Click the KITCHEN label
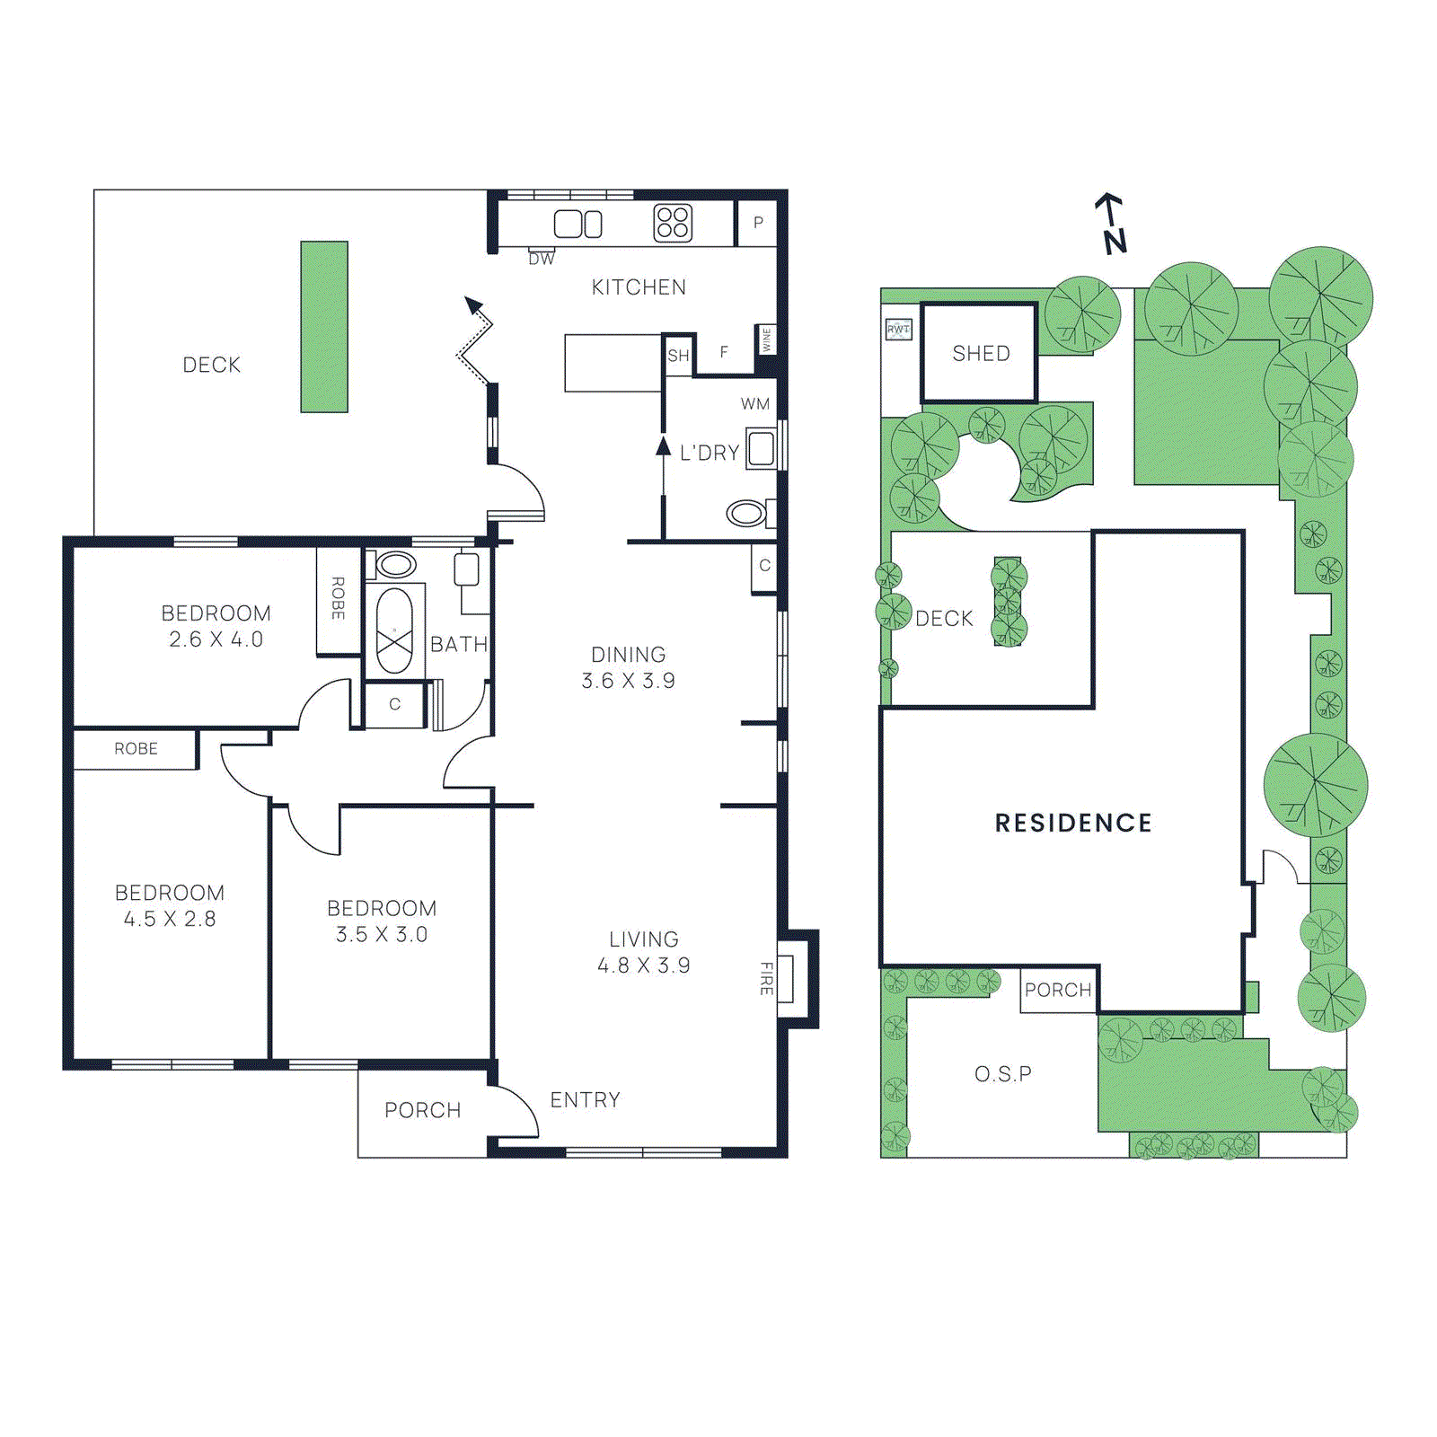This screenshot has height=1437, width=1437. click(639, 287)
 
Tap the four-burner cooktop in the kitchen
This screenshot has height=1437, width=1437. click(673, 224)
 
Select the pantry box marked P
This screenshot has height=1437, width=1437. click(758, 223)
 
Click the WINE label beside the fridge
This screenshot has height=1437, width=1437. click(767, 339)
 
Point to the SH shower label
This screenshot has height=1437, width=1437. click(678, 356)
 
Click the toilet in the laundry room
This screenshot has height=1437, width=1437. click(745, 514)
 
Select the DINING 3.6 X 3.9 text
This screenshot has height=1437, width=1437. click(628, 667)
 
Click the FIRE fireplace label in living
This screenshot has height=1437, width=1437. click(766, 978)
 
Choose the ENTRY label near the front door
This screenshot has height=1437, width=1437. click(585, 1100)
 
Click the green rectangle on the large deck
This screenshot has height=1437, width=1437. click(324, 326)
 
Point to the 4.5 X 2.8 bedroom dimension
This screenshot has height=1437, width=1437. click(170, 919)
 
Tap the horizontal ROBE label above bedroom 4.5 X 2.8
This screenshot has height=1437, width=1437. click(136, 749)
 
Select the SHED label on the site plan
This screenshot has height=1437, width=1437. click(981, 354)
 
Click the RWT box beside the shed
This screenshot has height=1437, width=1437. click(898, 330)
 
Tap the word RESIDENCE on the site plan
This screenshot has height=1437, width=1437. click(1073, 823)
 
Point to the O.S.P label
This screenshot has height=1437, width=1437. click(1003, 1074)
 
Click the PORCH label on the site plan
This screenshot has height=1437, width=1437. click(1058, 990)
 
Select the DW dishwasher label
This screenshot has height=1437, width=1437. click(542, 260)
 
